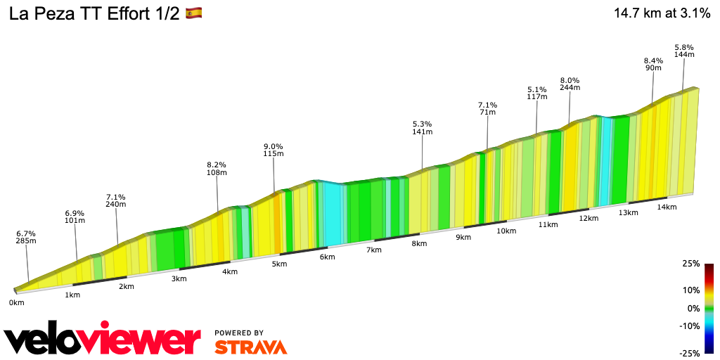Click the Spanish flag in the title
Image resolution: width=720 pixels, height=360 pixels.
coord(193,13)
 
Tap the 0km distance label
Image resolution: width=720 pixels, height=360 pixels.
coord(16,303)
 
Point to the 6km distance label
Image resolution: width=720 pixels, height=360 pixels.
coord(327,257)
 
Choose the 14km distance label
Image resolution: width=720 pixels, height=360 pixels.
coord(667,207)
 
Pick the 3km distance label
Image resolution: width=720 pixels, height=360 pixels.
coord(179,278)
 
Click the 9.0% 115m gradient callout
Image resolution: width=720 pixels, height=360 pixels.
coord(274,149)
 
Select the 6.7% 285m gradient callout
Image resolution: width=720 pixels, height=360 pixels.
coord(26,237)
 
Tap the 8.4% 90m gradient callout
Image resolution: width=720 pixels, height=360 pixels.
coord(653,64)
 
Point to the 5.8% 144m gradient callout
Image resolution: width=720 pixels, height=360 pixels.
coord(684,50)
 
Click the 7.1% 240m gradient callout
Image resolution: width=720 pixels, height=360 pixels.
coord(115,200)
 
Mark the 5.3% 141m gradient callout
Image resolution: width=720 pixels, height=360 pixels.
coord(422,127)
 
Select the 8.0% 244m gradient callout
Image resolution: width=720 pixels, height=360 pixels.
coord(570,84)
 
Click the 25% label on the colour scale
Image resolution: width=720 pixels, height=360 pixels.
coord(690,264)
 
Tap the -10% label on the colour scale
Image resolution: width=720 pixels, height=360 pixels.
coord(689,326)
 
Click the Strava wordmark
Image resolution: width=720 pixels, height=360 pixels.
coord(250,347)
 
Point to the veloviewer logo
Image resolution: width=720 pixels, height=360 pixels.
coord(102,340)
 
